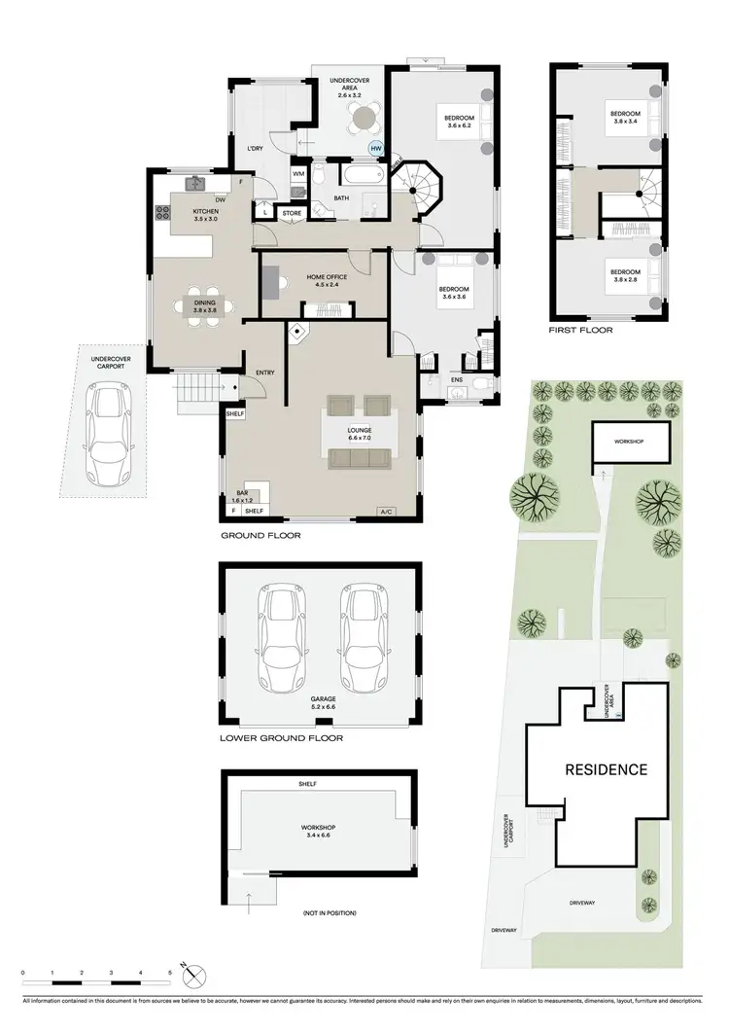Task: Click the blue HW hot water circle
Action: (x=375, y=148)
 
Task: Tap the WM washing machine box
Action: (x=299, y=175)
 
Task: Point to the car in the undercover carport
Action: (x=109, y=434)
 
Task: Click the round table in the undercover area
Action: (x=363, y=119)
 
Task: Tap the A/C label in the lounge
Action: (x=385, y=512)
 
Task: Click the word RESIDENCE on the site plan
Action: (x=606, y=769)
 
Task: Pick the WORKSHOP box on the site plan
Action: (x=630, y=441)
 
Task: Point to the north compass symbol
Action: (x=196, y=974)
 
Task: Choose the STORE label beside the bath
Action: (x=292, y=212)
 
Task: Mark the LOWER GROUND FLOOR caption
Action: (x=281, y=738)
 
